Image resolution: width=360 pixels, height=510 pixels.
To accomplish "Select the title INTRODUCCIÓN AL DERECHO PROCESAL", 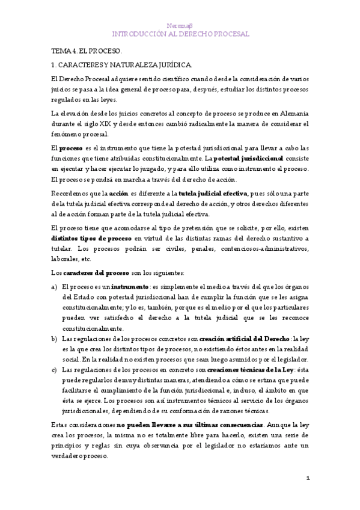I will [x=180, y=34].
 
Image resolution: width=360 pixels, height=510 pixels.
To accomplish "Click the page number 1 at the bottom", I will [x=307, y=478].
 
